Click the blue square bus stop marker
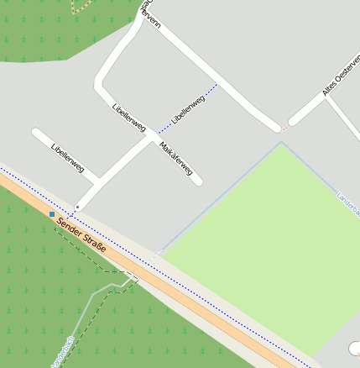click(x=52, y=214)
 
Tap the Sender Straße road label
click(x=82, y=236)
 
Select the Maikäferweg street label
click(x=176, y=160)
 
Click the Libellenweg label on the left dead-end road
click(x=68, y=158)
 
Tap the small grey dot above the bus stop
click(x=77, y=206)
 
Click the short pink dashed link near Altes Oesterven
click(x=284, y=128)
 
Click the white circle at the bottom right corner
click(x=355, y=347)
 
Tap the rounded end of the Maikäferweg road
click(x=198, y=181)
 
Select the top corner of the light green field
click(x=280, y=143)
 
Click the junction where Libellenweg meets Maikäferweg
click(x=149, y=136)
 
